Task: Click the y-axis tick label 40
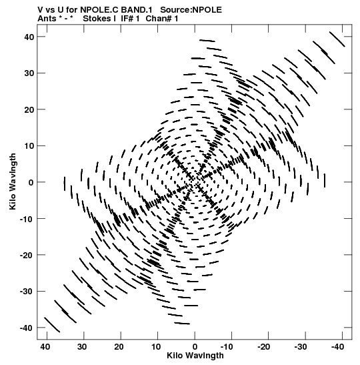pyautogui.click(x=29, y=37)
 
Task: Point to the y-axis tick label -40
pyautogui.click(x=27, y=328)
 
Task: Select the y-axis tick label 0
pyautogui.click(x=31, y=182)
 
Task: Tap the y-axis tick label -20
pyautogui.click(x=27, y=255)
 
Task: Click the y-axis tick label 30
pyautogui.click(x=29, y=73)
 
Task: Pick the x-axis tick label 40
pyautogui.click(x=45, y=347)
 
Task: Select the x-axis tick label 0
pyautogui.click(x=195, y=347)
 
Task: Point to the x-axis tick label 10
pyautogui.click(x=156, y=347)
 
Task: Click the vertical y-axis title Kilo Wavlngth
pyautogui.click(x=13, y=181)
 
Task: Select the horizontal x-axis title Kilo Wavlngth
pyautogui.click(x=195, y=356)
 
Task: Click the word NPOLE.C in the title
pyautogui.click(x=99, y=10)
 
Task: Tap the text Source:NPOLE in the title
pyautogui.click(x=191, y=10)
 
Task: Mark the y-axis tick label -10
pyautogui.click(x=27, y=219)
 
